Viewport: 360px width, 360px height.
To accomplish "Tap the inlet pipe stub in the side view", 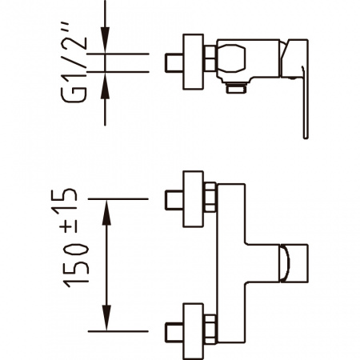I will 172,62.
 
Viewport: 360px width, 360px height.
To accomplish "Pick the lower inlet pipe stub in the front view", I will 172,330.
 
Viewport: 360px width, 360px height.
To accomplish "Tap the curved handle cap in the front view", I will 293,263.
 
